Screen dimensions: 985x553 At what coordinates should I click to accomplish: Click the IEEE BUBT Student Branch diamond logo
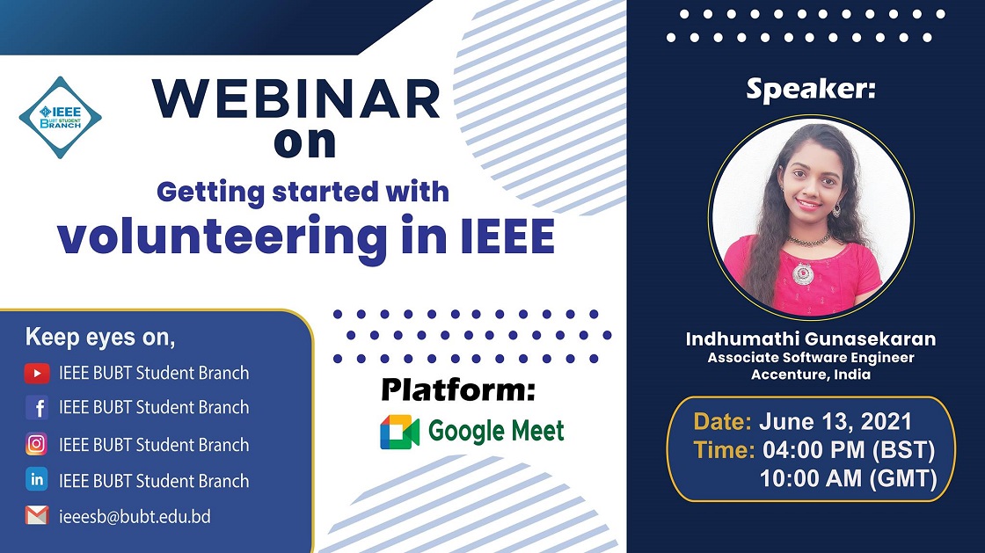[61, 118]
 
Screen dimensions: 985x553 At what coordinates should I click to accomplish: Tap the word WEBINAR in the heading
[295, 99]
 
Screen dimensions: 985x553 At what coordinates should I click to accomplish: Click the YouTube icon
[37, 374]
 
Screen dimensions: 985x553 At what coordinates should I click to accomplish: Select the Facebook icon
[37, 407]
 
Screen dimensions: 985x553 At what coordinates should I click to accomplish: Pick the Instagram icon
[36, 444]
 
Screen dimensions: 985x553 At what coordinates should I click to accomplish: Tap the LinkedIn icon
[36, 479]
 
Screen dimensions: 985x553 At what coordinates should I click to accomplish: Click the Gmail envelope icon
[36, 515]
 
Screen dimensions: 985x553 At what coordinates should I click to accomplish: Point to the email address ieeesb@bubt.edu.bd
[135, 517]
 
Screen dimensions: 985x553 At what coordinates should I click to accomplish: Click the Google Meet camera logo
[399, 431]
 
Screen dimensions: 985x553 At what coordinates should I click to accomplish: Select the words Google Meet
[496, 431]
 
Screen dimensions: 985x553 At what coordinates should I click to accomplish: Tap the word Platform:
[458, 389]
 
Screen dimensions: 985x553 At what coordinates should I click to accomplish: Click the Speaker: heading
[810, 89]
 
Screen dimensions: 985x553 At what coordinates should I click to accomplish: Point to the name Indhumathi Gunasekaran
[810, 339]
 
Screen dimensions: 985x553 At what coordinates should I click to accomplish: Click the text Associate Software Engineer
[810, 358]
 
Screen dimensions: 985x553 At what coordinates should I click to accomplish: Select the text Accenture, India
[810, 375]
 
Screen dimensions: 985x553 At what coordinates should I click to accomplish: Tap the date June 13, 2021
[835, 421]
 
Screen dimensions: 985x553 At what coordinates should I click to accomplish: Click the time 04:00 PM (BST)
[849, 450]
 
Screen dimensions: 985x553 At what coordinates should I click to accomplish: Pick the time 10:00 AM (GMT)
[848, 479]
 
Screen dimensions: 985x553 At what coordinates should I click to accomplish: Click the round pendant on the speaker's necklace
[803, 273]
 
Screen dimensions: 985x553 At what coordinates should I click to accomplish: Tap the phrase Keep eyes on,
[100, 337]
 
